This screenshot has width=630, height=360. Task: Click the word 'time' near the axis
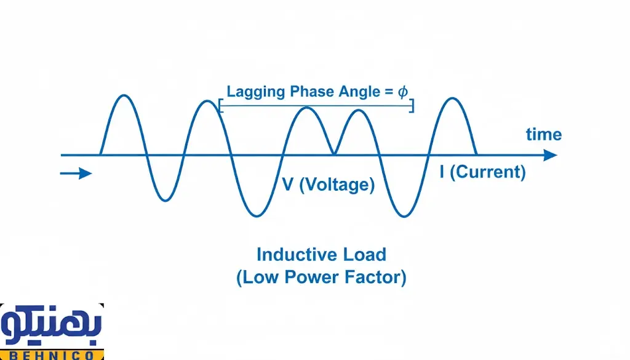(543, 134)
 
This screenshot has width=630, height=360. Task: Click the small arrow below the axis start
(76, 174)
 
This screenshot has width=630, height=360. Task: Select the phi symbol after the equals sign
(402, 92)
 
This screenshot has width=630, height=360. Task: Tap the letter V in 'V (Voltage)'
(287, 184)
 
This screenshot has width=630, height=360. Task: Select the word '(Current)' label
(488, 172)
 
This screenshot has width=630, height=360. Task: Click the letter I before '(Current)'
(442, 172)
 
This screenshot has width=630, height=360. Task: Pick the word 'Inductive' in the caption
(289, 254)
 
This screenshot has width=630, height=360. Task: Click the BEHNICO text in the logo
(52, 354)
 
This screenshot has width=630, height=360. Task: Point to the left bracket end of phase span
(220, 106)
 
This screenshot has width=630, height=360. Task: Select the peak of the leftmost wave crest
(125, 95)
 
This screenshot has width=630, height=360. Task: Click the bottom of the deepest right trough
(403, 216)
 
